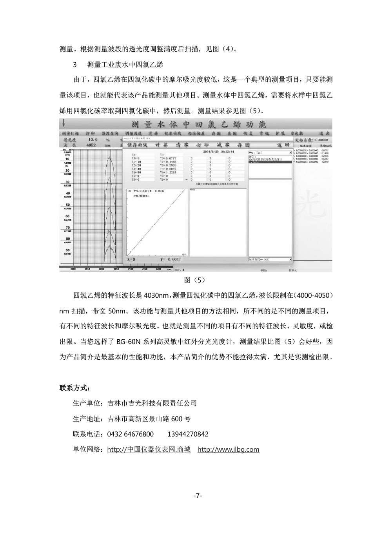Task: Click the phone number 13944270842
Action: pyautogui.click(x=188, y=434)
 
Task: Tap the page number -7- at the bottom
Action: pyautogui.click(x=198, y=496)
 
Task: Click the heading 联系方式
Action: pyautogui.click(x=74, y=388)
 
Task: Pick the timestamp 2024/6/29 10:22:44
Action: pyautogui.click(x=219, y=151)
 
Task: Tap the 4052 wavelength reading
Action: pyautogui.click(x=91, y=145)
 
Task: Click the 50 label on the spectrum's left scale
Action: pyautogui.click(x=67, y=205)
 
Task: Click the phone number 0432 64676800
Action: pyautogui.click(x=130, y=434)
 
